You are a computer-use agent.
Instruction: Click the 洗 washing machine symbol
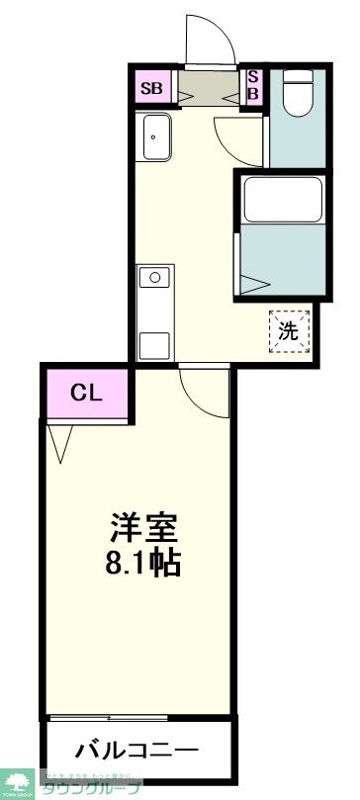click(x=288, y=332)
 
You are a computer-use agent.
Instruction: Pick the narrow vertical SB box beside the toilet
click(x=252, y=87)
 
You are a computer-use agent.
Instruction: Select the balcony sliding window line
click(x=138, y=715)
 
